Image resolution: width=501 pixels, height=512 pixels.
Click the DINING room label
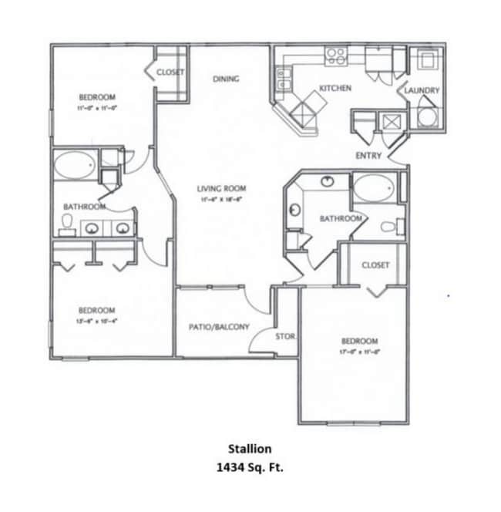[226, 79]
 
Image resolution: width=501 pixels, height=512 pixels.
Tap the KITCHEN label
[335, 89]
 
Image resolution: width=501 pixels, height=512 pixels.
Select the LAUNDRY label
[423, 91]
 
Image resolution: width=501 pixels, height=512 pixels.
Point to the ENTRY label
[368, 156]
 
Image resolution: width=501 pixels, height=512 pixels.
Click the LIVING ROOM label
[220, 189]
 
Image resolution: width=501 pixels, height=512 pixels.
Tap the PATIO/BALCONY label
[220, 327]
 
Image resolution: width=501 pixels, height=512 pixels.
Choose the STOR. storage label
[286, 335]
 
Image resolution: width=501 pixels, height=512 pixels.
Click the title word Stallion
[250, 448]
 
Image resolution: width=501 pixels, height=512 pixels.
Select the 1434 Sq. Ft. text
[250, 466]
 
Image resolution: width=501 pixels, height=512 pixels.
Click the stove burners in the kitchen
[336, 54]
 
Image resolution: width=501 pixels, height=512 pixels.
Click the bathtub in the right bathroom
[374, 187]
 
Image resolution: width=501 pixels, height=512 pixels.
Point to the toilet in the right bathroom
[393, 227]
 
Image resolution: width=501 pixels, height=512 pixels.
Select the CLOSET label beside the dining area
[170, 72]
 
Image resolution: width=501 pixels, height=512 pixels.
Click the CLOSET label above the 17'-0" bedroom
[375, 265]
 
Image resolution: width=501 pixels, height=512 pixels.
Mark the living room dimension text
[220, 199]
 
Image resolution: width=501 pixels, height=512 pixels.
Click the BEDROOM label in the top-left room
[98, 97]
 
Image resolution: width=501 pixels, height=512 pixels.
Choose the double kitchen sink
[282, 79]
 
